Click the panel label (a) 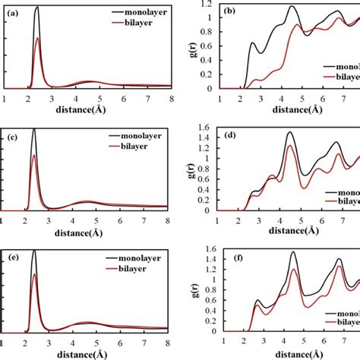pos(13,13)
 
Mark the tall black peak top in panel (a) pos(36,7)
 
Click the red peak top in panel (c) pos(34,156)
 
